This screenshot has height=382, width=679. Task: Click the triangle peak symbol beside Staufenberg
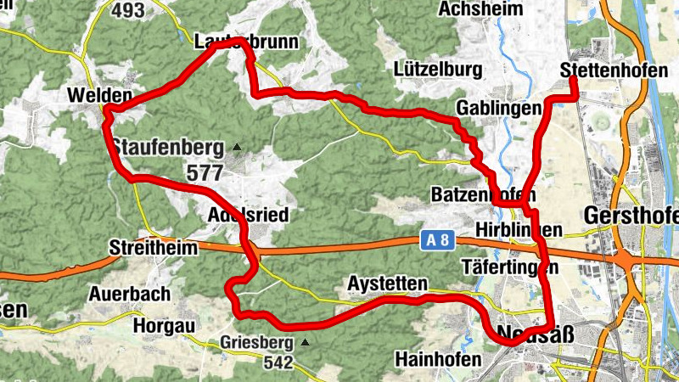237,147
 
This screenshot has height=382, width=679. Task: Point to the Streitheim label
154,248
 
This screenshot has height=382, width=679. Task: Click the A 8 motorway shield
435,241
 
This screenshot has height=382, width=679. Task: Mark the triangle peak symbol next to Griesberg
304,343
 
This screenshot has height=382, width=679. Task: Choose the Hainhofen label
438,360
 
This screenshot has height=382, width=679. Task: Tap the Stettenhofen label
614,70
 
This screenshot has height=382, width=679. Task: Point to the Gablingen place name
498,109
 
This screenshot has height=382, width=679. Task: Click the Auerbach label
130,294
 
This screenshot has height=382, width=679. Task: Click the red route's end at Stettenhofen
573,80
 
